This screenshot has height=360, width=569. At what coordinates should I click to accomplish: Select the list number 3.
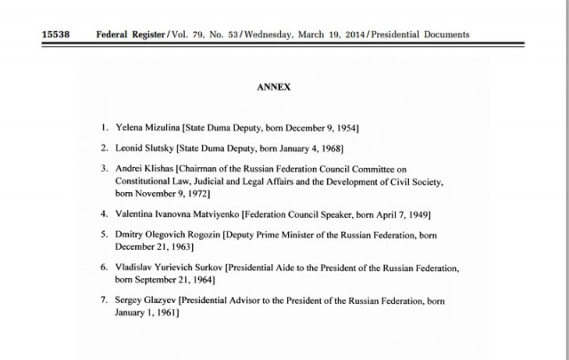click(x=105, y=167)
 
